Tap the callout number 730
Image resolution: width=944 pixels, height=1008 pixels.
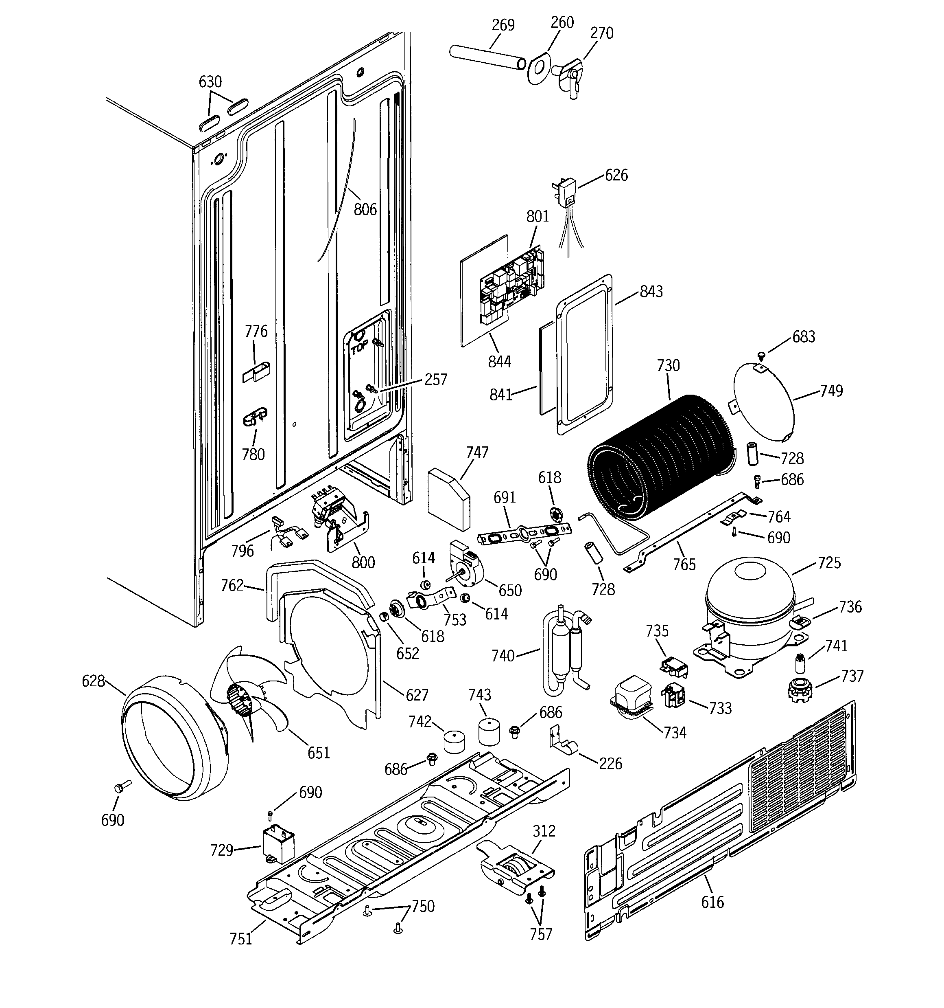(668, 366)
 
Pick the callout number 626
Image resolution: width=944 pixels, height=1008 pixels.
(616, 176)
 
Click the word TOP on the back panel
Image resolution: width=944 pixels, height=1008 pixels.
(359, 348)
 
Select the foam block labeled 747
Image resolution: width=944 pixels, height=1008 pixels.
(448, 499)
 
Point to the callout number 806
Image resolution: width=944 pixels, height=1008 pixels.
(365, 209)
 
